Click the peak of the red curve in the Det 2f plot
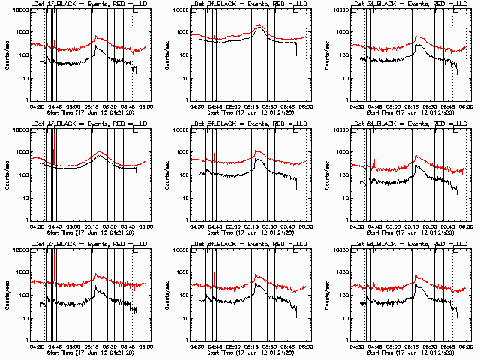click(259, 25)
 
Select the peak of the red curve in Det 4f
click(100, 152)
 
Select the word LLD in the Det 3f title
click(460, 6)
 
